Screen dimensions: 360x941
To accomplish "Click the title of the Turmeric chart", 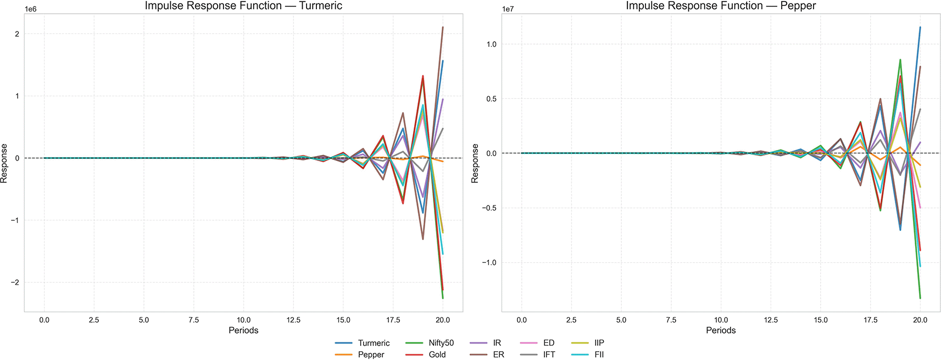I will coord(243,6).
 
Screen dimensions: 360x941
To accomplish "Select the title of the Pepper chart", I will coord(721,6).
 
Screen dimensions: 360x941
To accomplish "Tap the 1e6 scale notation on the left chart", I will coord(31,9).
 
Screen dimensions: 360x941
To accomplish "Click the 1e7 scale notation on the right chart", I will coord(509,9).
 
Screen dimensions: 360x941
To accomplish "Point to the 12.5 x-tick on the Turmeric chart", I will coord(293,320).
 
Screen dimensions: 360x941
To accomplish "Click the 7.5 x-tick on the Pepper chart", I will coord(671,320).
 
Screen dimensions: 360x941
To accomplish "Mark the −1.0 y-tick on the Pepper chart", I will coord(488,263).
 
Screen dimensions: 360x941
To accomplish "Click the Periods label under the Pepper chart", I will coord(721,330).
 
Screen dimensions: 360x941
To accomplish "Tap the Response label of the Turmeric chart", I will coord(5,163).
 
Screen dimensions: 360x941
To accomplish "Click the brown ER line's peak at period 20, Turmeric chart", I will coord(443,27).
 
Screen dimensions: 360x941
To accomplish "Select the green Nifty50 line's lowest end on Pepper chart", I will coord(920,298).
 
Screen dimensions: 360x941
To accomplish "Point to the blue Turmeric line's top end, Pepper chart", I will coord(920,27).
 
